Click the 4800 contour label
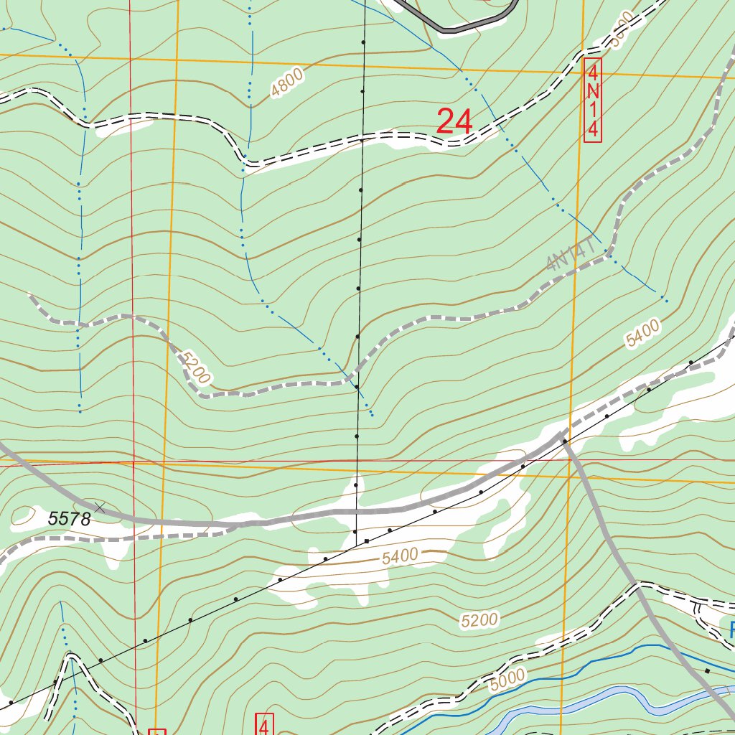[x=288, y=83]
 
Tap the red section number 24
[x=454, y=122]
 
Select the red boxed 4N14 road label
[x=592, y=100]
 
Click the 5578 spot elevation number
[x=70, y=518]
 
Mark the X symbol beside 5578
[x=100, y=507]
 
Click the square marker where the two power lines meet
[x=367, y=540]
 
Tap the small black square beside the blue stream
[x=706, y=670]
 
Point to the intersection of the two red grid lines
[x=133, y=464]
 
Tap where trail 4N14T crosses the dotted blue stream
[x=609, y=253]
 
